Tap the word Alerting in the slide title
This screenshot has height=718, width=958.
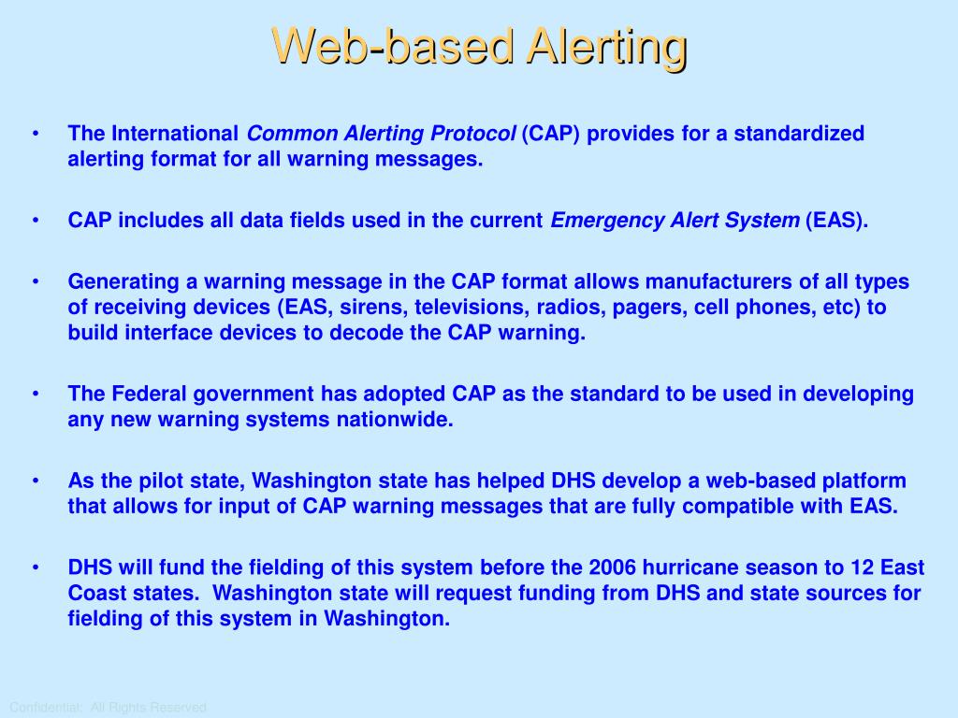pos(607,48)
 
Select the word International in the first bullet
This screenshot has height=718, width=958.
pos(175,133)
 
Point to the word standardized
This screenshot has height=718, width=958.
pos(799,133)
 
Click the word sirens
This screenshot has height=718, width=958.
pos(374,307)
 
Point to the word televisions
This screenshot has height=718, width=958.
pos(472,307)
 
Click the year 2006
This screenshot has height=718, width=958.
pos(612,567)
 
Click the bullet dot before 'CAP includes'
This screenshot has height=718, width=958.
pos(36,220)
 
